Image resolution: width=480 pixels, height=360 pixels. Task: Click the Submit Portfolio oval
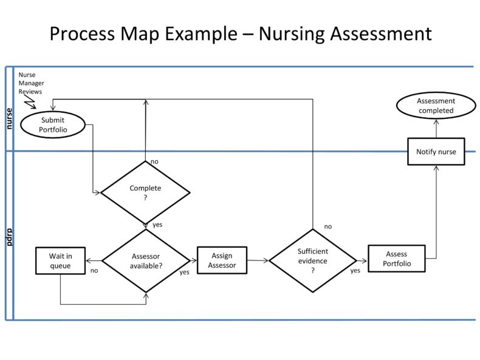tap(52, 124)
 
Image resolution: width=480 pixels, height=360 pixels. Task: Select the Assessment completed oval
tap(436, 106)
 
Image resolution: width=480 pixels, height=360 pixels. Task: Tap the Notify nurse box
tap(436, 151)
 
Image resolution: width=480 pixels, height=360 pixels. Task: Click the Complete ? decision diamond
tap(145, 192)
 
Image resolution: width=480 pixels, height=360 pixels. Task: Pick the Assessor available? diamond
tap(146, 260)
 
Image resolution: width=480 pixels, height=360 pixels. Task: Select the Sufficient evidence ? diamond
tap(312, 260)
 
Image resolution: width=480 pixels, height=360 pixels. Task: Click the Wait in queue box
tap(60, 260)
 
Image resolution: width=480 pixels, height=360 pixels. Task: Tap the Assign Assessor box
tap(222, 260)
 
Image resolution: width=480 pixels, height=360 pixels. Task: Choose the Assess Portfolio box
tap(396, 259)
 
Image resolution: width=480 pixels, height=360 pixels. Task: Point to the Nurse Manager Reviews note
tap(30, 83)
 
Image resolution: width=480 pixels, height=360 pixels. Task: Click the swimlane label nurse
tap(9, 118)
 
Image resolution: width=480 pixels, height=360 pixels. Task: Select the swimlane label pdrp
tap(9, 237)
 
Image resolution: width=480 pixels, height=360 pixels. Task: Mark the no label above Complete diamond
tap(154, 161)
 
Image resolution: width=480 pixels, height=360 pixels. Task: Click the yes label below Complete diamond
tap(157, 225)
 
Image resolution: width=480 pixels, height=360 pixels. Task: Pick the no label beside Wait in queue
tap(94, 271)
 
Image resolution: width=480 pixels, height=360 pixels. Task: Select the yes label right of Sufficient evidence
tap(355, 271)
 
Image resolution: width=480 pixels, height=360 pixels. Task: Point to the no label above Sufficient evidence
tap(327, 226)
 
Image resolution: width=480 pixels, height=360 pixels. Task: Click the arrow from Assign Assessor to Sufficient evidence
tap(258, 260)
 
